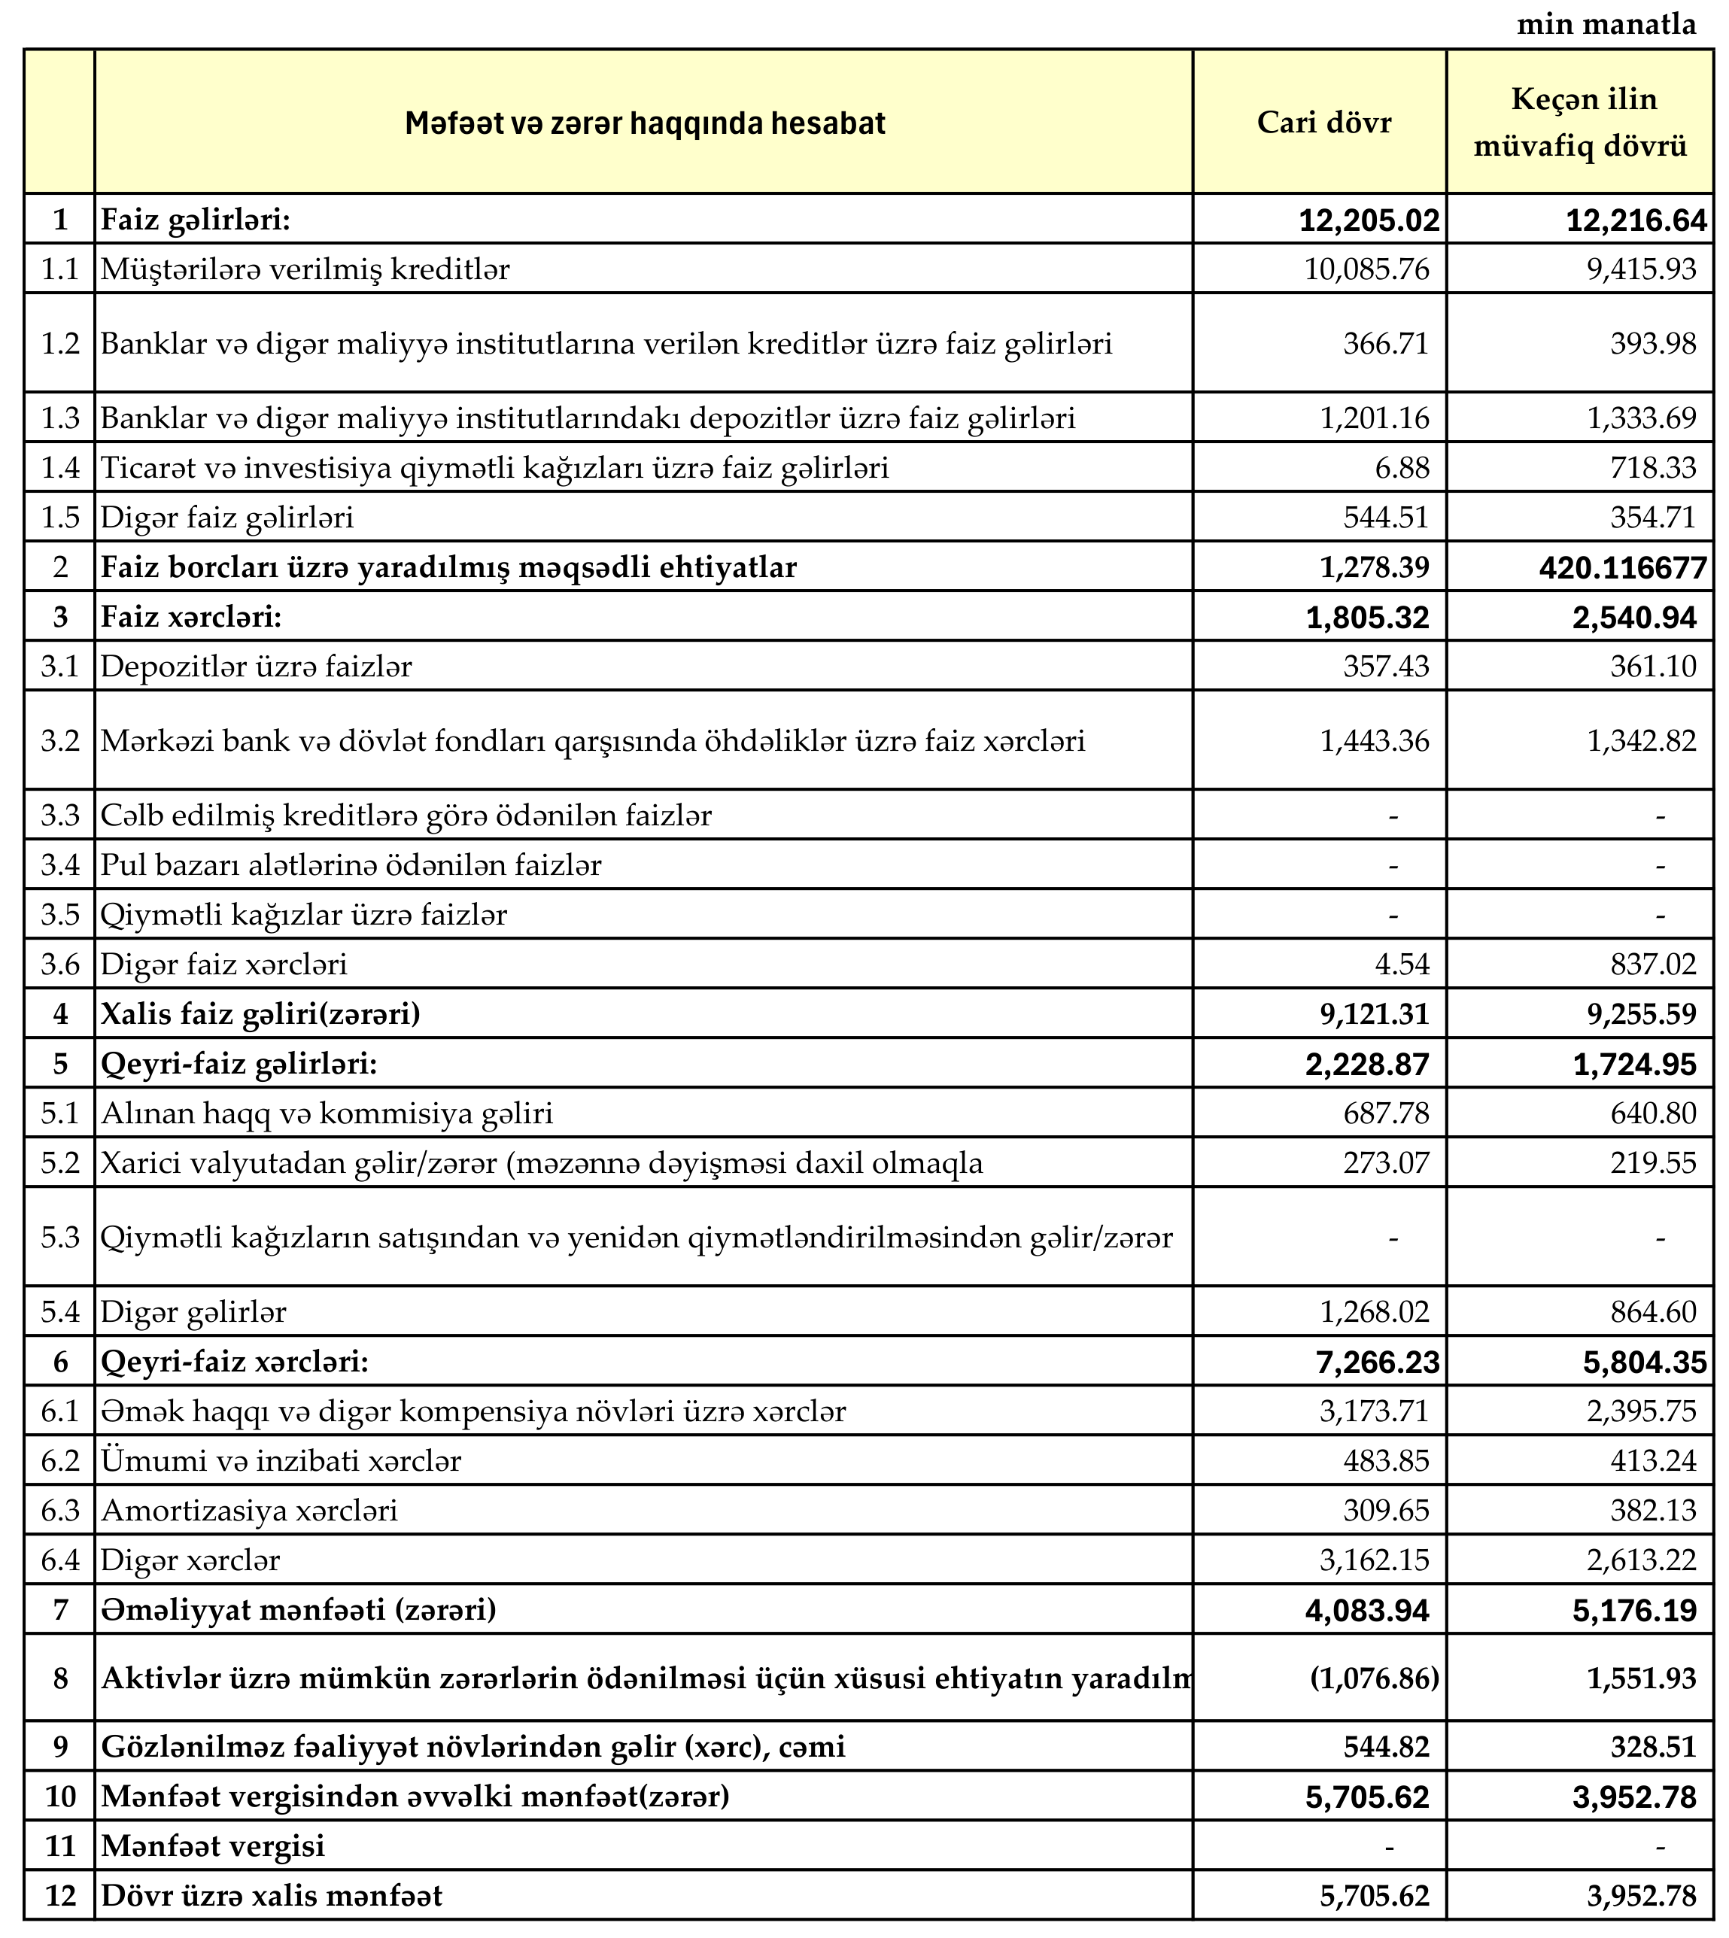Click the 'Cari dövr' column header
[1323, 123]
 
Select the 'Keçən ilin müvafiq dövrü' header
[1584, 123]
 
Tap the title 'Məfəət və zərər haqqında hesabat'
[644, 123]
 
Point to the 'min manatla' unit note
[1606, 25]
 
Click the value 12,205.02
[1369, 220]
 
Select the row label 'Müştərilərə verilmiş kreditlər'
[305, 270]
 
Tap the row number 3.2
[60, 741]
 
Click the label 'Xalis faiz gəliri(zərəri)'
[260, 1015]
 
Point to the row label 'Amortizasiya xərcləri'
[249, 1511]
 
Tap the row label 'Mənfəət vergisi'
[213, 1846]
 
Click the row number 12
[60, 1896]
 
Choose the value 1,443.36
[1374, 741]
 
